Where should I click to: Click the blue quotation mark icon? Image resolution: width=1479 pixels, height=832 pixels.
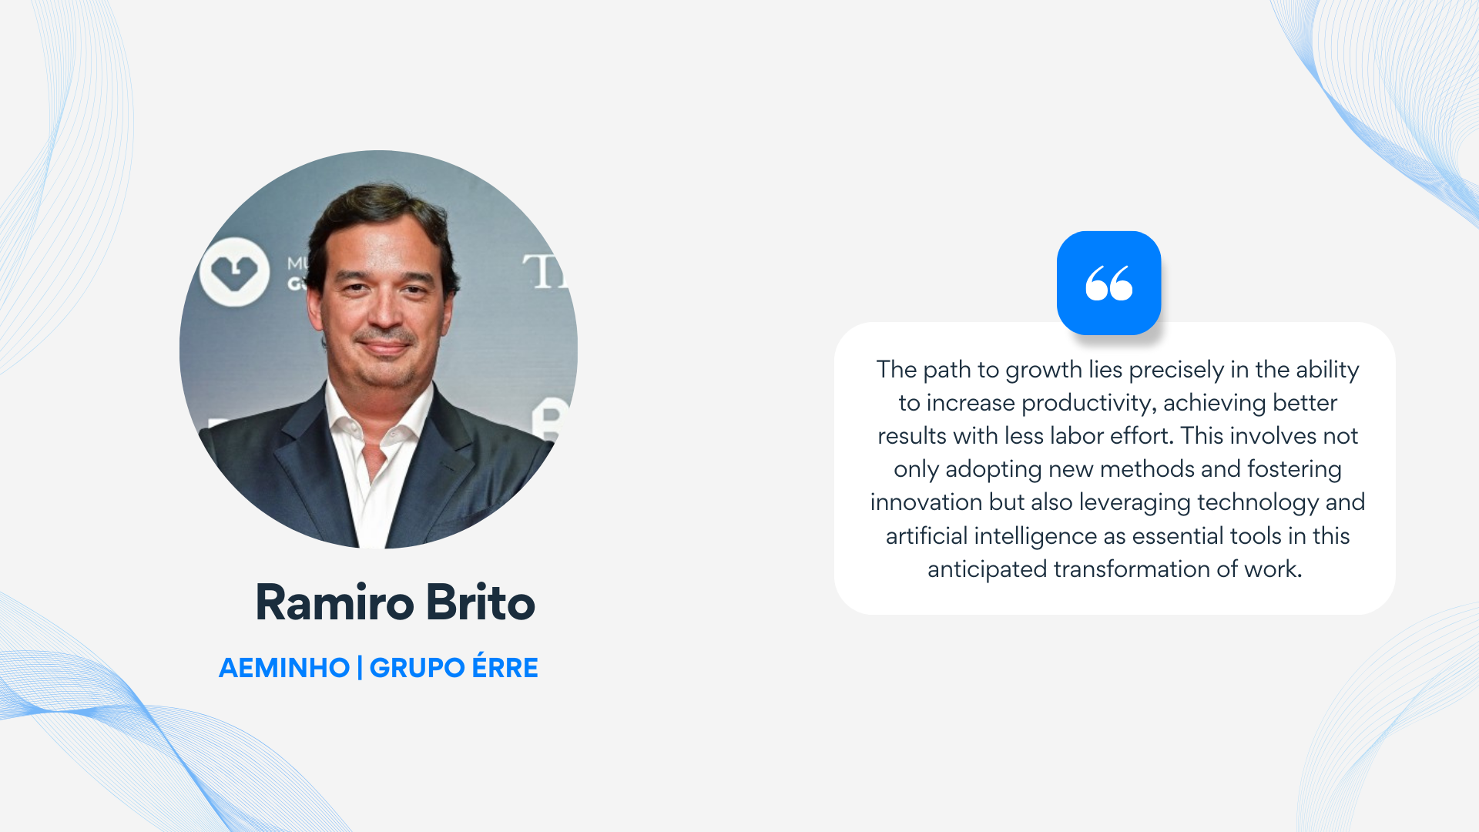click(1108, 283)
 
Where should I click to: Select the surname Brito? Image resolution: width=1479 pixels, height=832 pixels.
click(481, 602)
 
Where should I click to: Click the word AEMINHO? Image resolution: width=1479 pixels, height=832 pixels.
click(284, 668)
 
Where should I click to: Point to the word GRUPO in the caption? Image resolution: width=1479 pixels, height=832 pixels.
click(417, 668)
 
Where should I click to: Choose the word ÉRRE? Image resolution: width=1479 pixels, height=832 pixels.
click(505, 666)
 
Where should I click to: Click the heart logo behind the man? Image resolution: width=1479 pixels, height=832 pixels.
click(234, 271)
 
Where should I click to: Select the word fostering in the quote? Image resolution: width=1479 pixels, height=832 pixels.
click(1294, 470)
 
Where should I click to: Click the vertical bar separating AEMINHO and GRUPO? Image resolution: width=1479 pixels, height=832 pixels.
click(360, 668)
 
